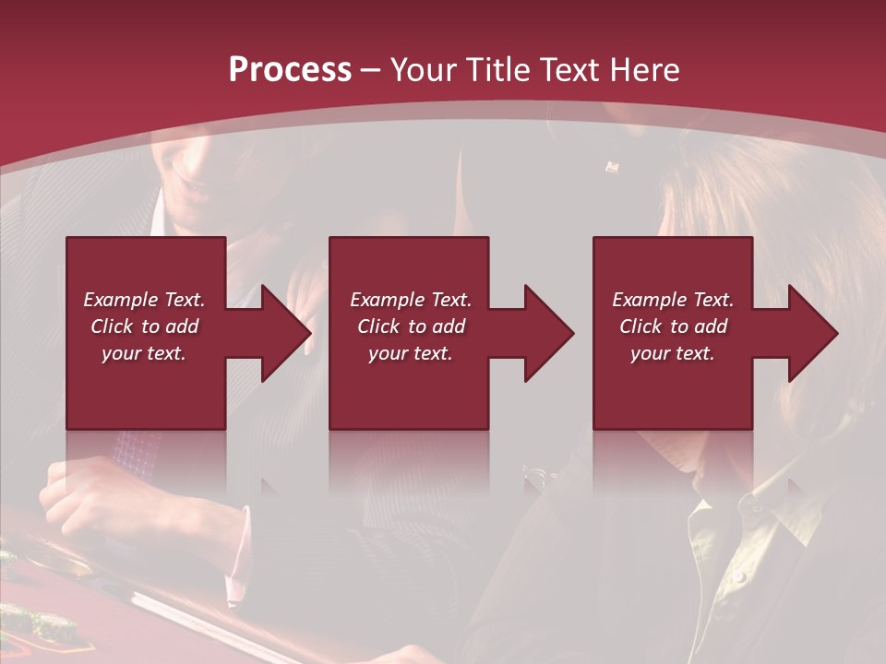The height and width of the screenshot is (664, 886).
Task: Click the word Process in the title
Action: pyautogui.click(x=290, y=69)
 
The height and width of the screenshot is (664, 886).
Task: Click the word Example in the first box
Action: pyautogui.click(x=120, y=300)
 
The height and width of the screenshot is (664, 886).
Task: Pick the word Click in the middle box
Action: pyautogui.click(x=379, y=326)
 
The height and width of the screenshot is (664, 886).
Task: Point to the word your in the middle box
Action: pyautogui.click(x=389, y=353)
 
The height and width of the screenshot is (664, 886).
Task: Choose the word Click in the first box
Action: pyautogui.click(x=112, y=326)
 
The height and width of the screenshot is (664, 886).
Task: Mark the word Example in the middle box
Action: pyautogui.click(x=386, y=300)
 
